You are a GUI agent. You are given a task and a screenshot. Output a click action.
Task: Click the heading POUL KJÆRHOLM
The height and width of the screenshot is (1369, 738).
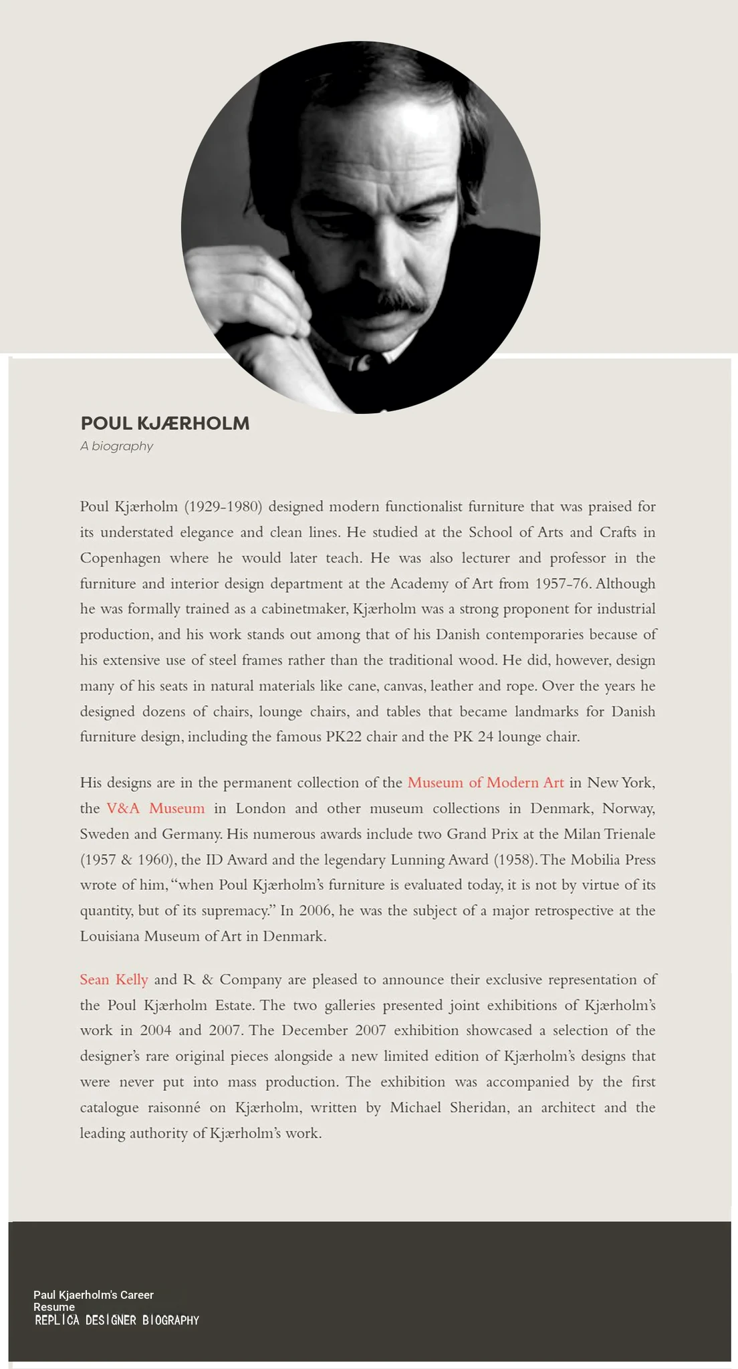pyautogui.click(x=164, y=424)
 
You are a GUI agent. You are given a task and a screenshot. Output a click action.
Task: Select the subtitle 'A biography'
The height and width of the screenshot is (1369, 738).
pyautogui.click(x=116, y=446)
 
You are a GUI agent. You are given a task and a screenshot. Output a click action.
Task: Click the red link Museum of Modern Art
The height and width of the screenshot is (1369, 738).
pyautogui.click(x=485, y=782)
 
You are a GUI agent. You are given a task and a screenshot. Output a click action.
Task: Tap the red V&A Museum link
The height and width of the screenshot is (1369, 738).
pyautogui.click(x=155, y=808)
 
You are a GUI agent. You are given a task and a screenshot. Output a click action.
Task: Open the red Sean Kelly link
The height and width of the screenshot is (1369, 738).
pyautogui.click(x=114, y=979)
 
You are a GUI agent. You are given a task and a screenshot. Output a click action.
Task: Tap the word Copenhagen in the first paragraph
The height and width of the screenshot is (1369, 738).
pyautogui.click(x=120, y=558)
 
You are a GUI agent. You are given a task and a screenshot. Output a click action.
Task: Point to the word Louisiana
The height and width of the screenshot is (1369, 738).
pyautogui.click(x=110, y=936)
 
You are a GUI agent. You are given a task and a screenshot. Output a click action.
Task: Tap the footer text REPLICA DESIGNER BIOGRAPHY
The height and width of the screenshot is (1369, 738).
pyautogui.click(x=117, y=1320)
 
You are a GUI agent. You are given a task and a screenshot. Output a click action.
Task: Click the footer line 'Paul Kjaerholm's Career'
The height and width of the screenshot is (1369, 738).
pyautogui.click(x=94, y=1295)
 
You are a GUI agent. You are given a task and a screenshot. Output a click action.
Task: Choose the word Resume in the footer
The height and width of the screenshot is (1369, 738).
pyautogui.click(x=54, y=1307)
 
